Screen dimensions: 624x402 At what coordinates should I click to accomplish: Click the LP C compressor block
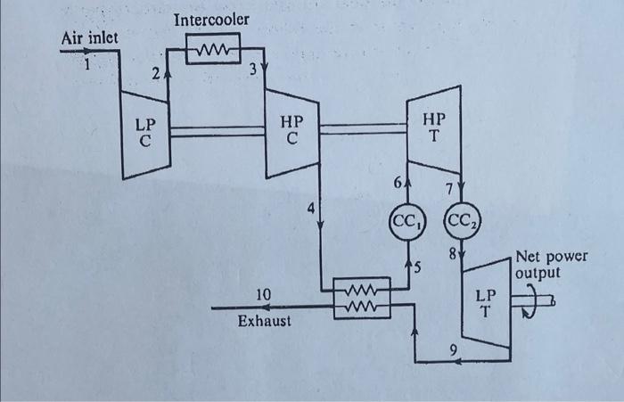[x=146, y=135]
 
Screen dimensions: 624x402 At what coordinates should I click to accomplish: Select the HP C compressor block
[x=292, y=133]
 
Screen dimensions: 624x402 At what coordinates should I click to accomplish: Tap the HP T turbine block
[x=434, y=129]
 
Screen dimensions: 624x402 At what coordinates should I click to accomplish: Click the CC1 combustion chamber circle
[x=407, y=221]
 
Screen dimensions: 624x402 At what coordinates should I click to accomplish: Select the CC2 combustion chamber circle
[x=462, y=221]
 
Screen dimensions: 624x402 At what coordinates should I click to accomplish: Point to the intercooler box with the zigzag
[x=213, y=48]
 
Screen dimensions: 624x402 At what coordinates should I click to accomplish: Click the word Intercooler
[x=211, y=20]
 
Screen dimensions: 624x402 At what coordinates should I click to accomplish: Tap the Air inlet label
[x=89, y=38]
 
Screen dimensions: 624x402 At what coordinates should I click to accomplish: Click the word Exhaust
[x=264, y=321]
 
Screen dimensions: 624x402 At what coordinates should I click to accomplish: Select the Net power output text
[x=551, y=265]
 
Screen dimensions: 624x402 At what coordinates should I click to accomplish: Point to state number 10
[x=263, y=295]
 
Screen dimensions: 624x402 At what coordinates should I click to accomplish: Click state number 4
[x=311, y=208]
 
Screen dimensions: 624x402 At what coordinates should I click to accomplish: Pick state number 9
[x=453, y=349]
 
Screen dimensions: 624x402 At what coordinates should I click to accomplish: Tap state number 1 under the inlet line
[x=87, y=63]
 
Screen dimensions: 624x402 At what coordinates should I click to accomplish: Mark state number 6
[x=398, y=183]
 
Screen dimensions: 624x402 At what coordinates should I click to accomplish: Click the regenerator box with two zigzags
[x=362, y=298]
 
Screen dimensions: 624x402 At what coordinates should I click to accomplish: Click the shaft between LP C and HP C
[x=218, y=131]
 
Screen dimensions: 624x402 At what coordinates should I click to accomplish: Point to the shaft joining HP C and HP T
[x=363, y=128]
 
